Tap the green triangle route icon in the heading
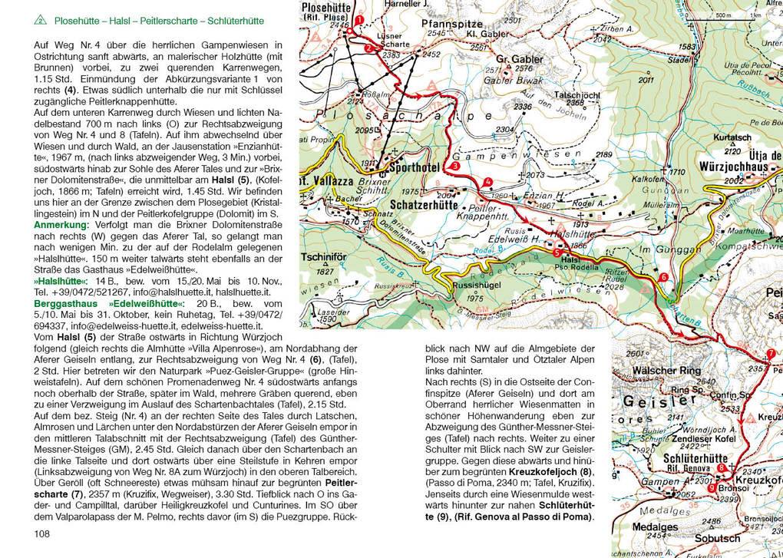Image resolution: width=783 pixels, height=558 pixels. click(40, 20)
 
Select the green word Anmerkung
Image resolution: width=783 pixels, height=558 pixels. click(61, 225)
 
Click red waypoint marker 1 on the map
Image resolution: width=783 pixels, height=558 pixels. click(357, 31)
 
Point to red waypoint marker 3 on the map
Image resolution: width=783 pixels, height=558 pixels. click(455, 166)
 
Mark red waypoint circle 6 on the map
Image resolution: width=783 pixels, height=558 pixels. click(663, 276)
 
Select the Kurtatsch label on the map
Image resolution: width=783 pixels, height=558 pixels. click(732, 137)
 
